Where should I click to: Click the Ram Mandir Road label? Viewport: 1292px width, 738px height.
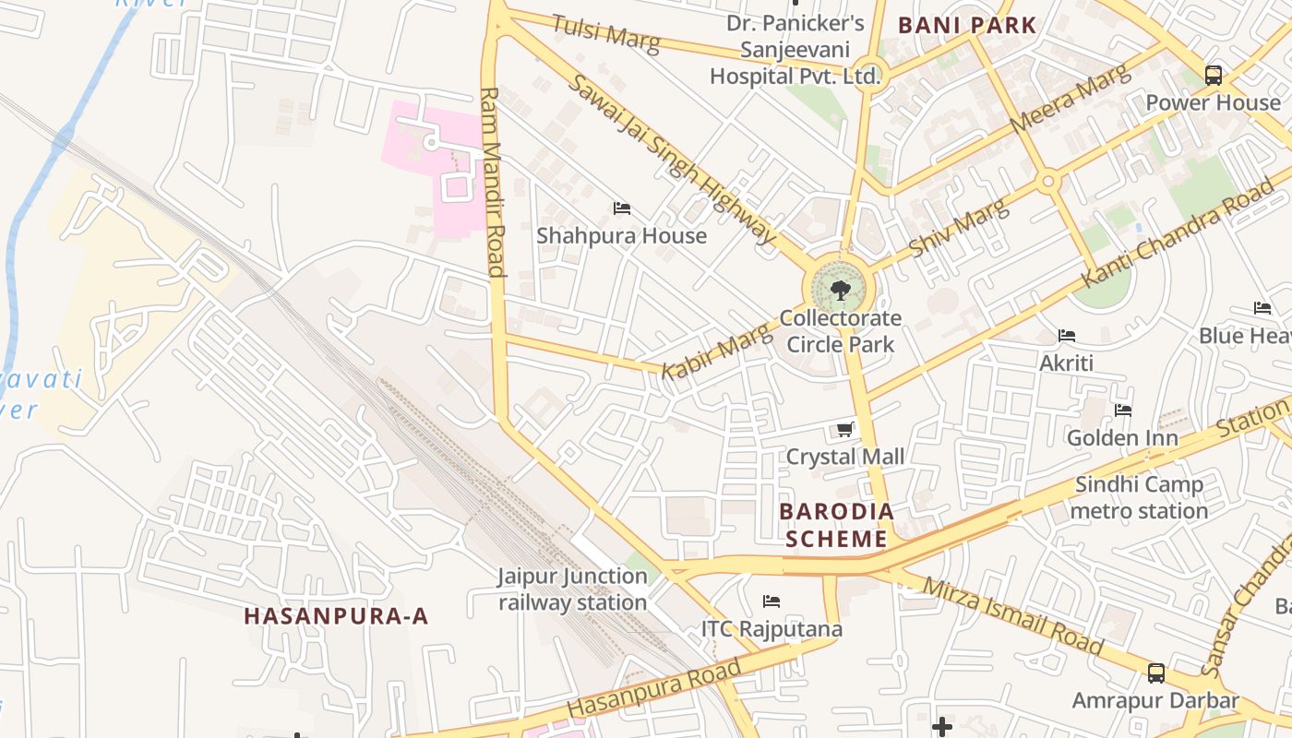(x=493, y=182)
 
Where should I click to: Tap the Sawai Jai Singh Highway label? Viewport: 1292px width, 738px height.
(x=671, y=159)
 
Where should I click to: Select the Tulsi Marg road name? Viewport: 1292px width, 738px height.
(x=605, y=34)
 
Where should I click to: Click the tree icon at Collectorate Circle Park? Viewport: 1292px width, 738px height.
(x=840, y=292)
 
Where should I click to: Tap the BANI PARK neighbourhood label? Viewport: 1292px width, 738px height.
(x=967, y=25)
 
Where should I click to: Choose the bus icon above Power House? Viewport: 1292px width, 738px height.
(x=1214, y=75)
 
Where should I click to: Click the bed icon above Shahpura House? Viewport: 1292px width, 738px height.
(x=622, y=208)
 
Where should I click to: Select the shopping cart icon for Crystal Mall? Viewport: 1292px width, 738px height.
(x=844, y=429)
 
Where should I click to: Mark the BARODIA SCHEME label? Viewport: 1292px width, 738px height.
(x=836, y=525)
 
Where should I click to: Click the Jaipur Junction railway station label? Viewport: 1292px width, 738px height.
(x=572, y=589)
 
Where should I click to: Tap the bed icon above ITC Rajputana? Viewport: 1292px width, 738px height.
(x=772, y=601)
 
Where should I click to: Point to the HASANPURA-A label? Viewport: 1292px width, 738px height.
(x=337, y=616)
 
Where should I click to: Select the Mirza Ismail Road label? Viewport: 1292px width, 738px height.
(x=1012, y=615)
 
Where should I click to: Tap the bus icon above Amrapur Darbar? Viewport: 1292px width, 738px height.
(x=1155, y=673)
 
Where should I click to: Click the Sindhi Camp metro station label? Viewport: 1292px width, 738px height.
(x=1139, y=497)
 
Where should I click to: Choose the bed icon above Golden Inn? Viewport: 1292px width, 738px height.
(x=1122, y=411)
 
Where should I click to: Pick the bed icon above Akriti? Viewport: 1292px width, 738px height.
(x=1067, y=336)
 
